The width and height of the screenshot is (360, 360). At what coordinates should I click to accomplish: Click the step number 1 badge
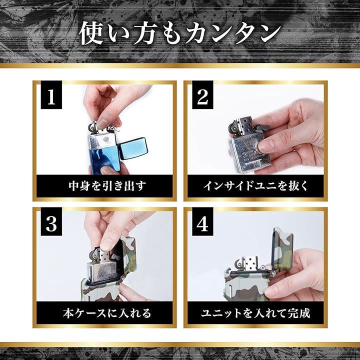click(x=51, y=95)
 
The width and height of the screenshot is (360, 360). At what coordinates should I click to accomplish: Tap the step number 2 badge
click(x=202, y=95)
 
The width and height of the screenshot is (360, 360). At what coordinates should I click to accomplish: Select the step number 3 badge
click(x=51, y=222)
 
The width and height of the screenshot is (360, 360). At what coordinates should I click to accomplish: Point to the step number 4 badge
click(x=202, y=222)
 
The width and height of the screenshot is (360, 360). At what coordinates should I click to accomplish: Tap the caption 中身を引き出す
click(x=107, y=186)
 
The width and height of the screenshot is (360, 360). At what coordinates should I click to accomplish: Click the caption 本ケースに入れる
click(x=107, y=313)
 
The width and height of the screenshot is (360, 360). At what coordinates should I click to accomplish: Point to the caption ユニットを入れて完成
click(x=255, y=313)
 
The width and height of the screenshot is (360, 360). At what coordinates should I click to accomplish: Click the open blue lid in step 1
click(x=133, y=148)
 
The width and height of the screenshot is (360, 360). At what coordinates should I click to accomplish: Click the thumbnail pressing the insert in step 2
click(x=266, y=146)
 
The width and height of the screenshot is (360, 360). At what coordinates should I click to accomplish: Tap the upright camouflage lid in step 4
click(x=282, y=248)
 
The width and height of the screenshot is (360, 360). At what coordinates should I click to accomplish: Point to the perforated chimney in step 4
click(x=250, y=263)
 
